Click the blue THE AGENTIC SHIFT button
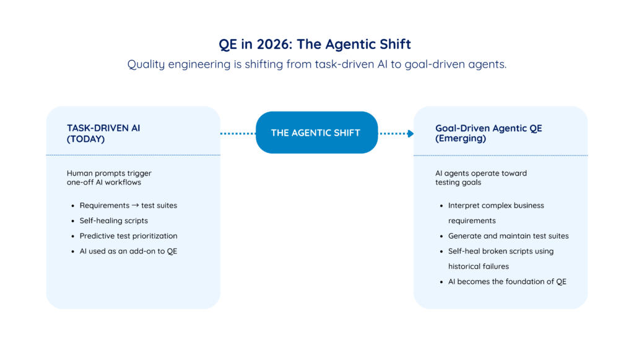316,133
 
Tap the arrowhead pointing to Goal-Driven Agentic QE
410,133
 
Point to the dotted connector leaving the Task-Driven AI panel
238,133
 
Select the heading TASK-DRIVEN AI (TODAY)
103,133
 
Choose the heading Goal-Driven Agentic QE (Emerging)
489,133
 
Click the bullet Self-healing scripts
114,221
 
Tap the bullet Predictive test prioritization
128,236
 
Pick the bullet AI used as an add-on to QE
128,251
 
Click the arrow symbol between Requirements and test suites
135,206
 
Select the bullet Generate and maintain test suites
508,236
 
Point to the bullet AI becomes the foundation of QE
507,281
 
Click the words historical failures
479,266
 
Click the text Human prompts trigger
109,173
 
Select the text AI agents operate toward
480,173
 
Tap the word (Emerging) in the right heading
461,139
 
